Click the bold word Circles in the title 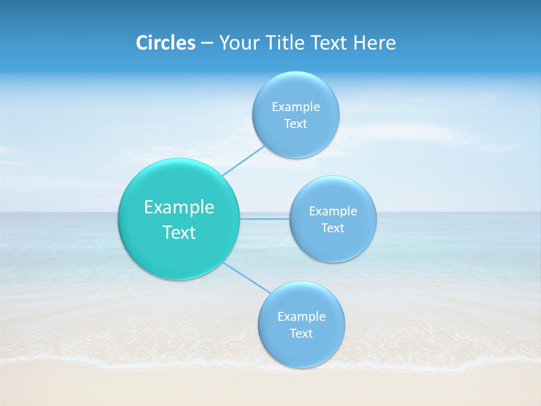tap(165, 43)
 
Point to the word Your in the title tap(238, 43)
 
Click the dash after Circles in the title tap(206, 43)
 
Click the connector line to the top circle tap(243, 161)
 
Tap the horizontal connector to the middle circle tap(265, 219)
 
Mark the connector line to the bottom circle tap(247, 277)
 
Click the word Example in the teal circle tap(179, 208)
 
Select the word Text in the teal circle tap(179, 232)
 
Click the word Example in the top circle tap(296, 107)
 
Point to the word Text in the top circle tap(296, 124)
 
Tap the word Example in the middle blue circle tap(333, 211)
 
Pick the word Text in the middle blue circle tap(333, 228)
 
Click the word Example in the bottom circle tap(301, 316)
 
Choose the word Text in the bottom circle tap(301, 334)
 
